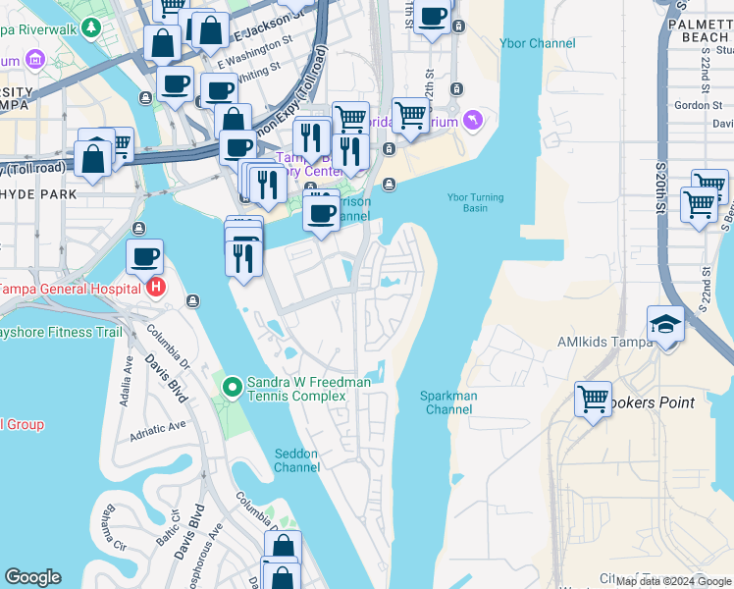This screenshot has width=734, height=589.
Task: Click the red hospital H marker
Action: point(156,288)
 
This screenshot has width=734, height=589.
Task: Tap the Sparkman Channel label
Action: point(448,402)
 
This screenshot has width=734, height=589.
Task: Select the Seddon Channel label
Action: point(296,460)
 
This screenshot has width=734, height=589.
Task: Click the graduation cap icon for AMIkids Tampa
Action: point(666,325)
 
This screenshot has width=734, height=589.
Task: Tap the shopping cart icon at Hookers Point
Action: point(593,399)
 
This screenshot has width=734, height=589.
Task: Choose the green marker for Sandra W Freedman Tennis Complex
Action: point(233,388)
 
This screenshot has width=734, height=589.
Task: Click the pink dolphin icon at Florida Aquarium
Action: point(474,121)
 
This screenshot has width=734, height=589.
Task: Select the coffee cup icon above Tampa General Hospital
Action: point(144,257)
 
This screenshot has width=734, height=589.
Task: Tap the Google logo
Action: point(32,577)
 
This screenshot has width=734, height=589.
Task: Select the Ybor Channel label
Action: point(538,43)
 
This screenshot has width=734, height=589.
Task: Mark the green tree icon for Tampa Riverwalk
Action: point(91,28)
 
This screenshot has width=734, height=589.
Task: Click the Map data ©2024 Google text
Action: point(673,581)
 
